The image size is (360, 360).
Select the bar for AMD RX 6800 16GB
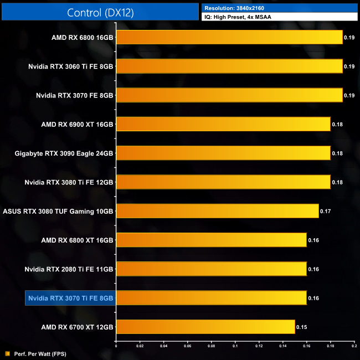coord(229,37)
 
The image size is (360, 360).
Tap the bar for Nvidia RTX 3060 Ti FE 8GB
coord(229,66)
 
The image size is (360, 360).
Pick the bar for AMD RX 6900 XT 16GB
coord(223,124)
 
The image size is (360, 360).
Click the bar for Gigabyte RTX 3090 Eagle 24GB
coord(223,153)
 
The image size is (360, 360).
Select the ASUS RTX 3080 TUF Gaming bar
coord(217,211)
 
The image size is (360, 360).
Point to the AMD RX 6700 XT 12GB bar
coord(205,327)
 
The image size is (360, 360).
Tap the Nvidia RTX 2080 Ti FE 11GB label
coord(69,269)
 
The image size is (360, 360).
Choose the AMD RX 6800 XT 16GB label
coord(77,240)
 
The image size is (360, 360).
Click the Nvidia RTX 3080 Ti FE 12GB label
coord(69,182)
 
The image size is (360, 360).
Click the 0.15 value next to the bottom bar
coord(301,327)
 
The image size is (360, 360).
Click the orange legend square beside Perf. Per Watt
coord(7,353)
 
